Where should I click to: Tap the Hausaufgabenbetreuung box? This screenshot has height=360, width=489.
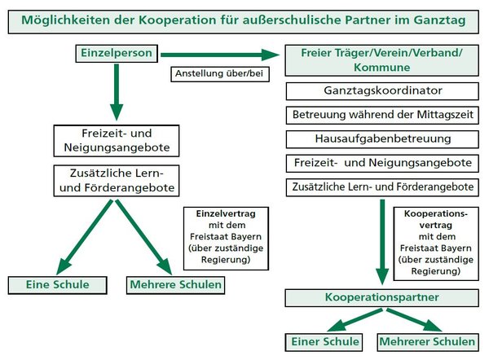[x=382, y=138]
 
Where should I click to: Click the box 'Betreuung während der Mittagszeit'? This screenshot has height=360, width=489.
[x=382, y=115]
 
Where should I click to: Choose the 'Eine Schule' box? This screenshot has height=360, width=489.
[x=59, y=285]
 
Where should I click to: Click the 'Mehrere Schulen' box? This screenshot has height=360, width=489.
[x=174, y=285]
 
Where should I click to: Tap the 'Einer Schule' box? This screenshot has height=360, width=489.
[x=321, y=340]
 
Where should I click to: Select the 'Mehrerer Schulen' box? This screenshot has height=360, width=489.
[x=427, y=340]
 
